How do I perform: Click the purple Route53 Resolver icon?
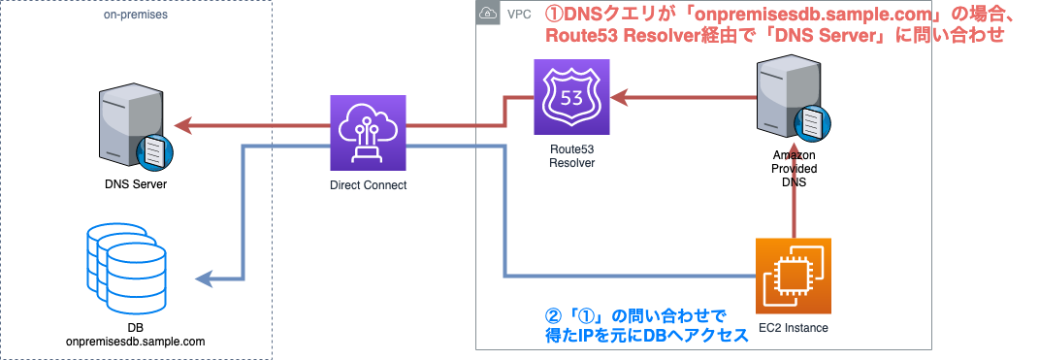tap(573, 97)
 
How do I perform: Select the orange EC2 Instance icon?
tap(794, 278)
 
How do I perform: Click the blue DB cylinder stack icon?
tap(120, 263)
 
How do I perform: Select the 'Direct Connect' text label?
tap(368, 184)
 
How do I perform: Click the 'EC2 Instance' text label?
tap(794, 328)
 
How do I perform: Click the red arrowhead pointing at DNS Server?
tap(183, 125)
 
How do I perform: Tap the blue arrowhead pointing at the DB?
tap(204, 279)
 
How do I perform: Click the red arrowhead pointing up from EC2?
tap(794, 188)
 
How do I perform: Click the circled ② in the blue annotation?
tap(554, 316)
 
